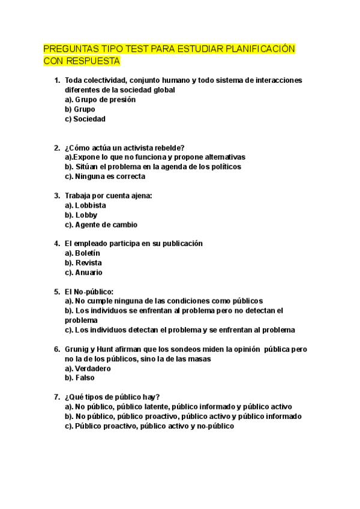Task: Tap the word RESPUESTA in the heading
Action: point(91,61)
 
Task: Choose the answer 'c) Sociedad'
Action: point(85,119)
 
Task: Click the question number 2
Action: point(56,148)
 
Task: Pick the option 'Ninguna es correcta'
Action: point(110,176)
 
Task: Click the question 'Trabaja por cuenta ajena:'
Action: point(108,196)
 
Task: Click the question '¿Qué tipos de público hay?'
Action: point(112,397)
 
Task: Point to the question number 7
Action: point(56,397)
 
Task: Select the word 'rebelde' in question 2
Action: point(170,148)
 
